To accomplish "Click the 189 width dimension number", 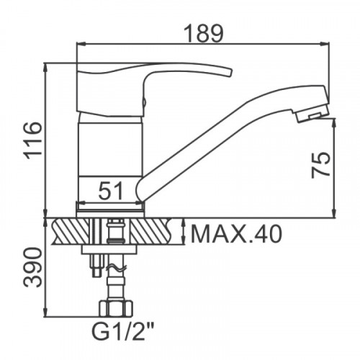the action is [x=204, y=33].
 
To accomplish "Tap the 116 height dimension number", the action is [x=32, y=140].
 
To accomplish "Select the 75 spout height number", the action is [x=320, y=165].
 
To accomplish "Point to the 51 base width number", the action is [x=111, y=191].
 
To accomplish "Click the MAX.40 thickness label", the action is [x=235, y=234].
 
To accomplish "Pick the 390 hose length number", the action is [x=32, y=268].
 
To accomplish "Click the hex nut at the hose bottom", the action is [x=116, y=308].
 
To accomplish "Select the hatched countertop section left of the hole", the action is [x=71, y=231].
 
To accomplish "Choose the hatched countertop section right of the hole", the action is [x=151, y=231].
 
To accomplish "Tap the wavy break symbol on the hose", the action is [x=116, y=268].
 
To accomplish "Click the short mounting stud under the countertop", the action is [x=97, y=266].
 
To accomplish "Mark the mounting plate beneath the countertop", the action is [x=109, y=249].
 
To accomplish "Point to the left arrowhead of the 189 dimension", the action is [x=81, y=44].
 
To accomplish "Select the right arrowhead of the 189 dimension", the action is [x=325, y=44].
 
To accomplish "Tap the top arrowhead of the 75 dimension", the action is [x=334, y=123].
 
